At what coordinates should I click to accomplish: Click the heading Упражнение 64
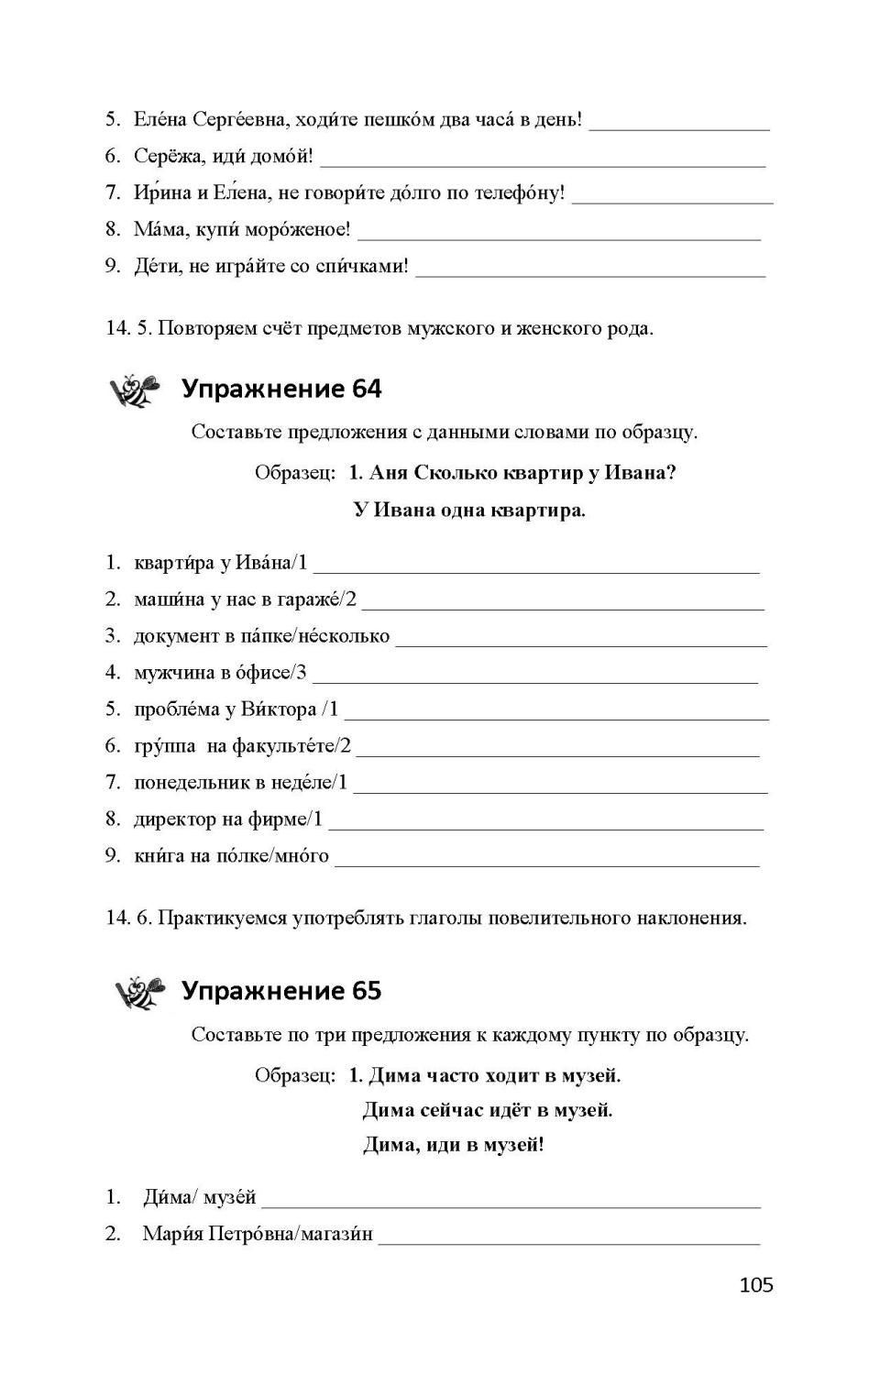281,390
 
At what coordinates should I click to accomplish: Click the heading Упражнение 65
281,991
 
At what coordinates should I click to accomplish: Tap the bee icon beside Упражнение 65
139,992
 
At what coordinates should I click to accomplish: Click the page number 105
756,1285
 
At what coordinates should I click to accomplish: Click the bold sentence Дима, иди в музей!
454,1145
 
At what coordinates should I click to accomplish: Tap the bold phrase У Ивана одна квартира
468,511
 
